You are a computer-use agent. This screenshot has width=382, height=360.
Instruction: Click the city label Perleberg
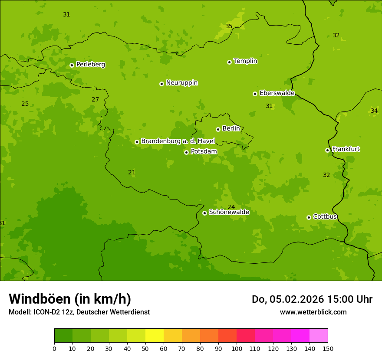click(90, 65)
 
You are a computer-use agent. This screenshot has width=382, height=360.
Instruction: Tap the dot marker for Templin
click(229, 62)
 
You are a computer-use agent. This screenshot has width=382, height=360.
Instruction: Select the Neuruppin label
click(181, 83)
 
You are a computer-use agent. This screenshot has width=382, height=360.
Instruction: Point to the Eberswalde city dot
click(255, 94)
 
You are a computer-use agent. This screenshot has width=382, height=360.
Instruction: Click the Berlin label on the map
click(231, 129)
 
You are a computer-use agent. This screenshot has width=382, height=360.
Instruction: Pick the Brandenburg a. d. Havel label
click(178, 141)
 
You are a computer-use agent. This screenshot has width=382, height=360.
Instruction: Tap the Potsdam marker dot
click(186, 152)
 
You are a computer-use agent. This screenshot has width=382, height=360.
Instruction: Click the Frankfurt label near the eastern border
click(346, 149)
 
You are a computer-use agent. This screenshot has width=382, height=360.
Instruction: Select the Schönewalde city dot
click(204, 213)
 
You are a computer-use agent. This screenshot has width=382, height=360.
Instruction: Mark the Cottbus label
click(325, 216)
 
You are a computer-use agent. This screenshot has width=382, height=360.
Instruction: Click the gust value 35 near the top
click(229, 26)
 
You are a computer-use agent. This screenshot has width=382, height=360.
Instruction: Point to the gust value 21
click(132, 173)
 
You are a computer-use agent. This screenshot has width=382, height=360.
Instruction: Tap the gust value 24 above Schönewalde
click(231, 207)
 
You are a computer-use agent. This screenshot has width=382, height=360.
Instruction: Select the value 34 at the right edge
click(374, 111)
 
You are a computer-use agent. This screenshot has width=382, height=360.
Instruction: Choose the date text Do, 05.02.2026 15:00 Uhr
click(312, 299)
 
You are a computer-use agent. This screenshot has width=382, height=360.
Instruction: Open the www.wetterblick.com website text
click(313, 312)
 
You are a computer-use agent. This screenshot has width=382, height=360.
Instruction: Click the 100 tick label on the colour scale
click(237, 348)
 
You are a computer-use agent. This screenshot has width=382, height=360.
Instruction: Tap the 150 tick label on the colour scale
click(328, 348)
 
